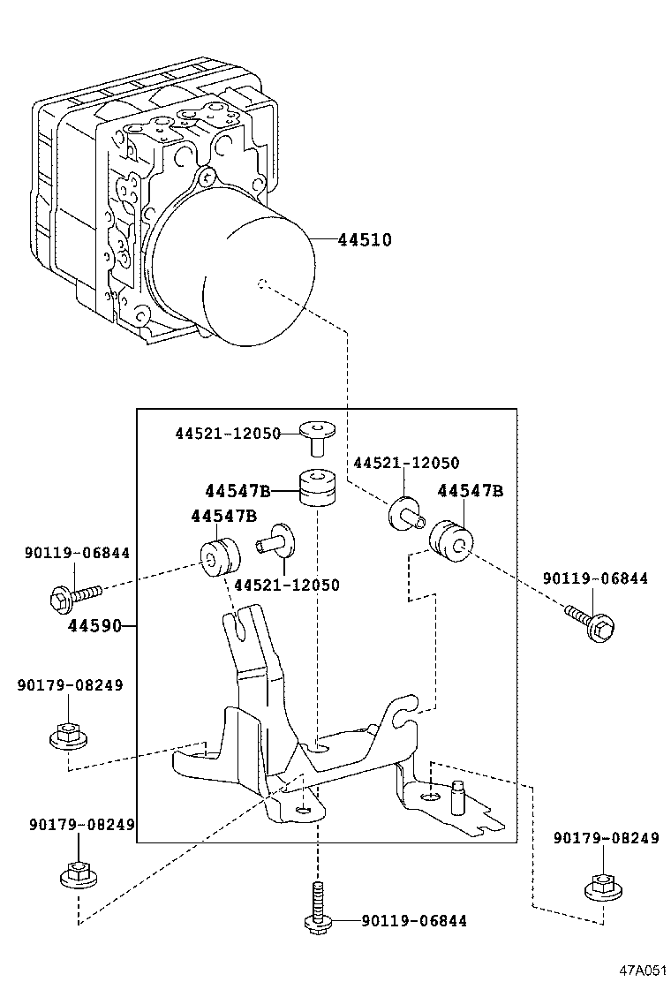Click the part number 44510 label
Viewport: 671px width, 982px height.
click(365, 239)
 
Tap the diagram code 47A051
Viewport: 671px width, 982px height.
click(641, 970)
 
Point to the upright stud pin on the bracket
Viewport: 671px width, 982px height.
click(458, 789)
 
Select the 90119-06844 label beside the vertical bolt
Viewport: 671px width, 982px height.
click(413, 921)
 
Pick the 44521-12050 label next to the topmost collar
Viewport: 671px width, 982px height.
click(227, 434)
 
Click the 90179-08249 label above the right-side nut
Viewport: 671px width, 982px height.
click(606, 838)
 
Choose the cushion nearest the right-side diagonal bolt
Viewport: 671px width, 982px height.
click(450, 540)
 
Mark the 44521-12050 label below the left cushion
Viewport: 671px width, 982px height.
click(286, 585)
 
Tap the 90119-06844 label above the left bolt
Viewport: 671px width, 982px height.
click(77, 553)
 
